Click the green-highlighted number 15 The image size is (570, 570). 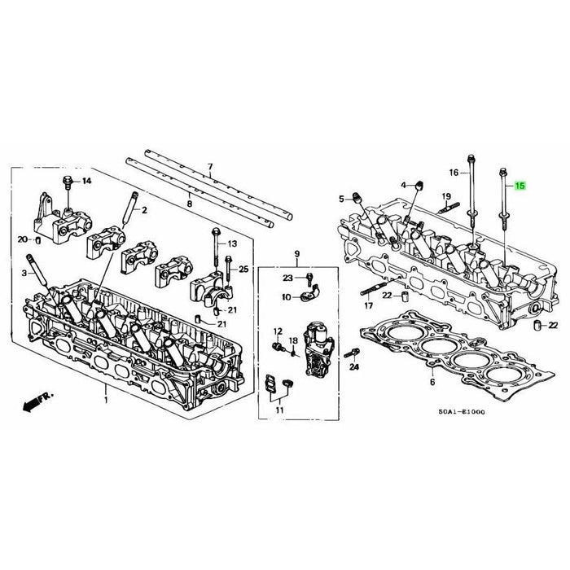520,186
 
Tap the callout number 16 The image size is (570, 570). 454,172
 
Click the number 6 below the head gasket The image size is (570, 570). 432,383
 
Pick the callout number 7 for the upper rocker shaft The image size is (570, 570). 210,167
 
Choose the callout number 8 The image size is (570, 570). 191,203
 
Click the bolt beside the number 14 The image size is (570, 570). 68,180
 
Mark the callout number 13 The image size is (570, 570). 232,243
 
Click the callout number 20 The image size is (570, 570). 24,239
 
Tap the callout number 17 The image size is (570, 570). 368,306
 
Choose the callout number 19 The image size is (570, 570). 445,196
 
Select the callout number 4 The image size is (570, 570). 403,186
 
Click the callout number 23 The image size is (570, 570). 287,278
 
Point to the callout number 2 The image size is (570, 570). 144,210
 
